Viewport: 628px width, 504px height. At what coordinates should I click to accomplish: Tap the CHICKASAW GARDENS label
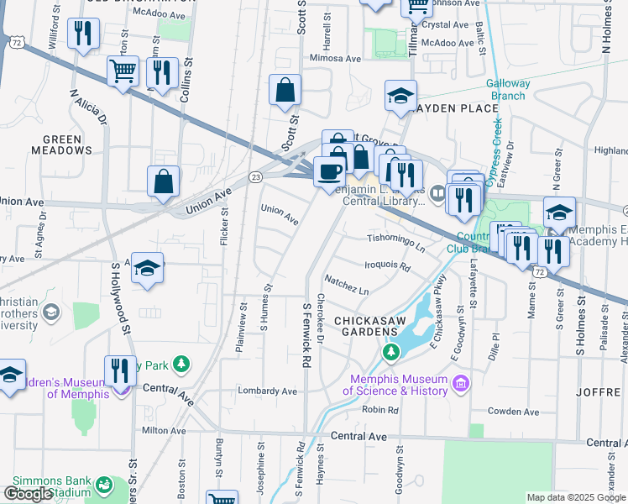coord(374,327)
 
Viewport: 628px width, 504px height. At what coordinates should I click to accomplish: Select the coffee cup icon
coord(328,172)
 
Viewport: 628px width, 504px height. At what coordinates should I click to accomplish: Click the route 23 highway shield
coord(256,176)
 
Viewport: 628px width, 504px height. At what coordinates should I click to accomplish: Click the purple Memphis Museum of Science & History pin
coord(458,385)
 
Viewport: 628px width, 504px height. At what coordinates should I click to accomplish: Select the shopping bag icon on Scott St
coord(285,91)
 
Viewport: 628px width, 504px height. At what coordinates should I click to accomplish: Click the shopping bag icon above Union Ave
coord(163,181)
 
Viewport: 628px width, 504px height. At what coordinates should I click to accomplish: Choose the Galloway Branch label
coord(508,89)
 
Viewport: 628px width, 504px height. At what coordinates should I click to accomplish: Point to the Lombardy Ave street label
coord(268,391)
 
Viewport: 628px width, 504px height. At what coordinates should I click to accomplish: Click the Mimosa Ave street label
coord(335,59)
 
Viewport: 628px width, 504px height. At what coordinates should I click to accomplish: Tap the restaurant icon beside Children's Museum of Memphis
coord(121,370)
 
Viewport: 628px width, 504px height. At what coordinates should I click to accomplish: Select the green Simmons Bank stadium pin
coord(103,485)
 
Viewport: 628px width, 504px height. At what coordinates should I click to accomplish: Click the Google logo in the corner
coord(28,494)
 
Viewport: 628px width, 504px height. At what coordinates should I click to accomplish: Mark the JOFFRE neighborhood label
coord(599,392)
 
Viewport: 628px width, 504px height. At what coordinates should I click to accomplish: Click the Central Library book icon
coord(437,195)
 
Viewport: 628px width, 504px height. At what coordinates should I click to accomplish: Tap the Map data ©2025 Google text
coord(575,497)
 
